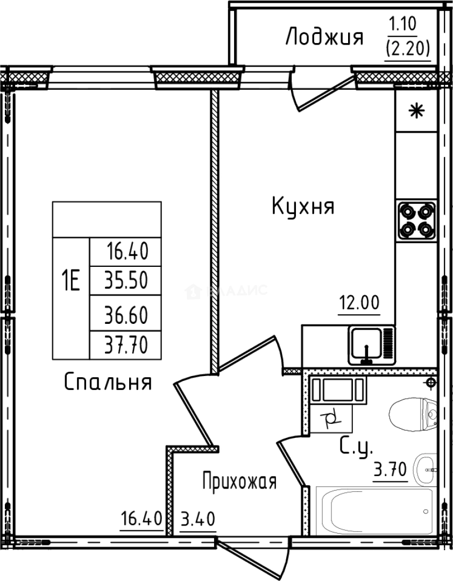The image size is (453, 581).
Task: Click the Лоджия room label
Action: (x=324, y=38)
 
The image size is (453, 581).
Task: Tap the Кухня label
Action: (x=303, y=207)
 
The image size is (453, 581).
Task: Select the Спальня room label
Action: (x=108, y=382)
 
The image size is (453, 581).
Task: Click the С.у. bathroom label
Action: (x=356, y=447)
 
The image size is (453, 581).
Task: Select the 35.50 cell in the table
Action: (x=126, y=280)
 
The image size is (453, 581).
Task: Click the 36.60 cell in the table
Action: (x=126, y=314)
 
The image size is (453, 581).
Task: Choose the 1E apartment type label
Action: (x=70, y=281)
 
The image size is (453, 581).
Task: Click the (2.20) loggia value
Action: (x=407, y=49)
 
